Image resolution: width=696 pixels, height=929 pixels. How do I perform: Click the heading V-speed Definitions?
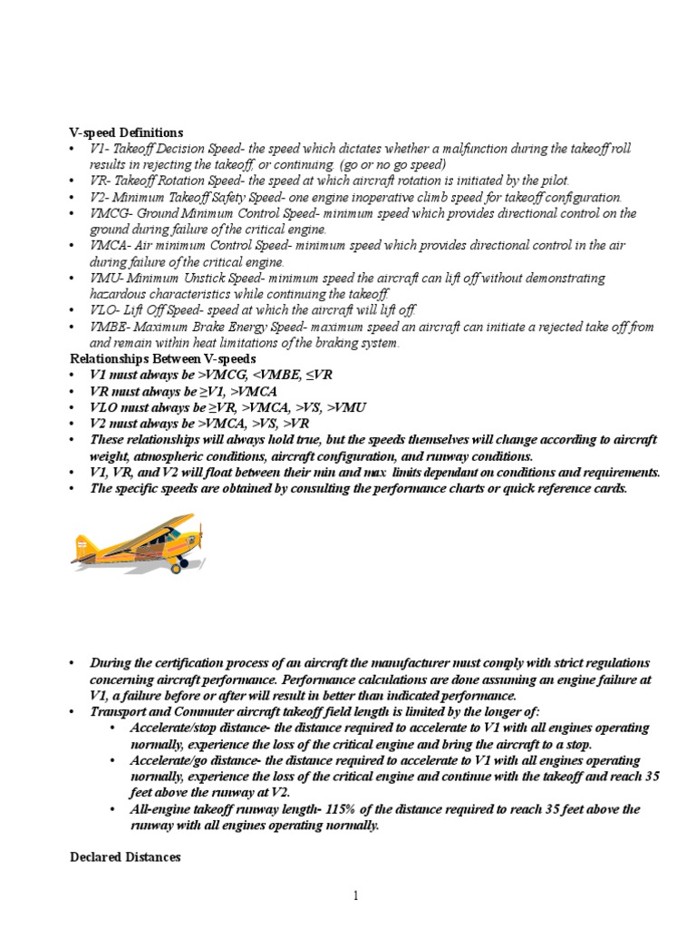click(126, 132)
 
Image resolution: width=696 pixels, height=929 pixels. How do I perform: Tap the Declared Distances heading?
click(125, 856)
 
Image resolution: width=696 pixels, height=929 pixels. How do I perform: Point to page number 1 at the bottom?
click(356, 896)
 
